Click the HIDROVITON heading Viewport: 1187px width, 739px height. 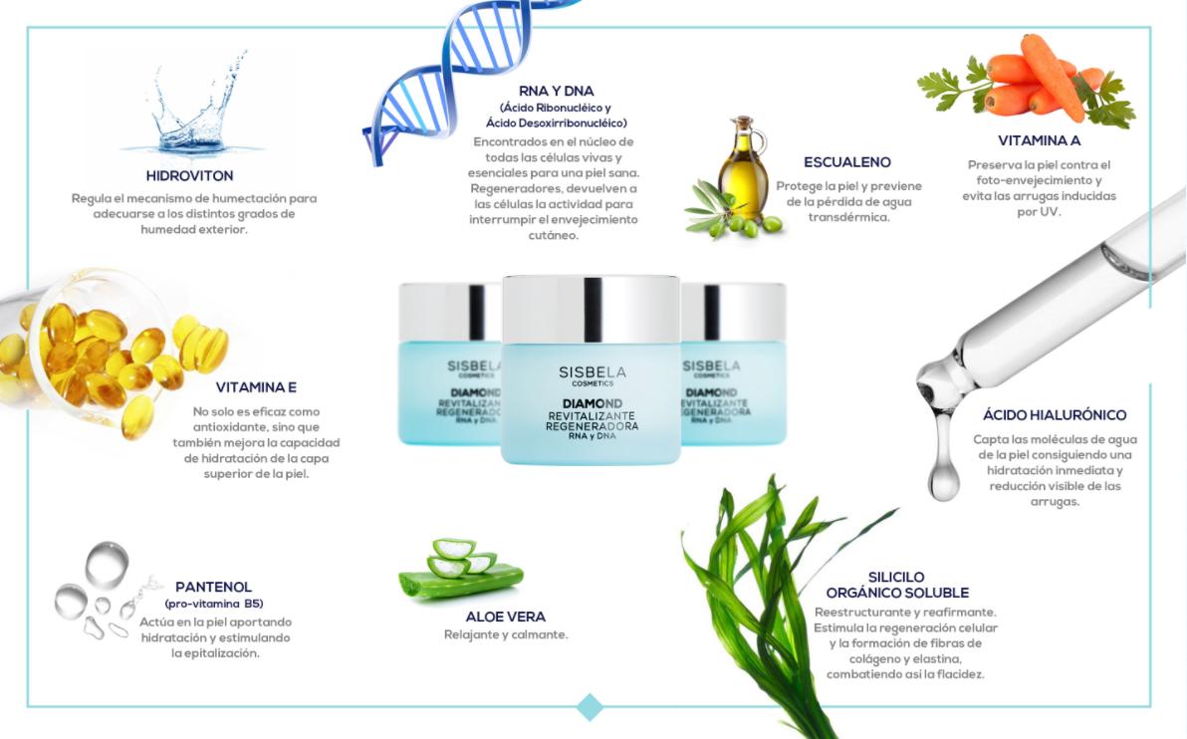[x=189, y=175]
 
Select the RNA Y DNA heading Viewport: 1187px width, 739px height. [x=557, y=91]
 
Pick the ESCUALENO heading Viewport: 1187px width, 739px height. [x=847, y=162]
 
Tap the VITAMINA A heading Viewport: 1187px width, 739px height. [x=1039, y=140]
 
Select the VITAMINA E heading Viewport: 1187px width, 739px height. [x=256, y=387]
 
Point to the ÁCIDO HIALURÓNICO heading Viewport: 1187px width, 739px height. [x=1055, y=415]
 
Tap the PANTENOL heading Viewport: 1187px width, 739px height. [x=213, y=587]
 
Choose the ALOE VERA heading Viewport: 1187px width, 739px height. [x=506, y=617]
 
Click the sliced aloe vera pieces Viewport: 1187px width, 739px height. [x=460, y=568]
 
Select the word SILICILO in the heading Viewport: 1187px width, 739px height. [x=896, y=577]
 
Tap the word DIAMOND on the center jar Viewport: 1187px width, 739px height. [x=592, y=403]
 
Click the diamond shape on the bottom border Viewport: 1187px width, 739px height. [x=590, y=706]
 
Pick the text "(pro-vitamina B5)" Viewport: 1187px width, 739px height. [x=214, y=605]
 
